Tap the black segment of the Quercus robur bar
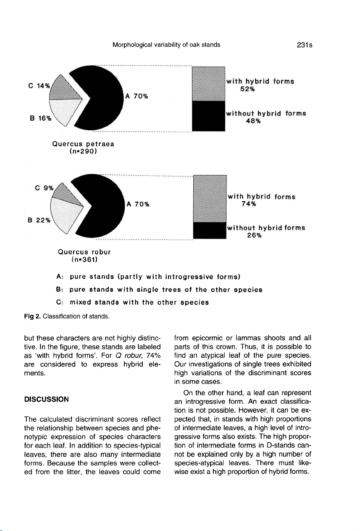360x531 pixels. coord(209,231)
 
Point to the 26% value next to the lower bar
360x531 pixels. coord(254,235)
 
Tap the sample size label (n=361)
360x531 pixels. coord(85,260)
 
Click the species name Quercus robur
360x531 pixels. coord(85,252)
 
